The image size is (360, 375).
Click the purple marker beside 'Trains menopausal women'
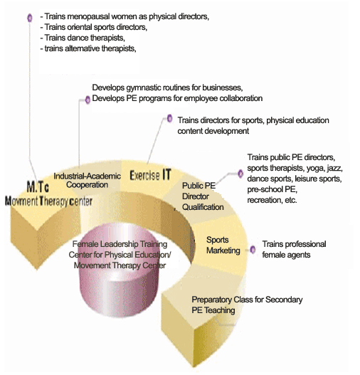coord(30,18)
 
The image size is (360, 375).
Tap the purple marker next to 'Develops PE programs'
coord(88,100)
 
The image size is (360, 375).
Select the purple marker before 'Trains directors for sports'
coord(169,118)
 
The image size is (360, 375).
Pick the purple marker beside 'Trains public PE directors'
coord(240,174)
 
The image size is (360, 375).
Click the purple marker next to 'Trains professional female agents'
coord(253,250)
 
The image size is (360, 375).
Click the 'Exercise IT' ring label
coord(150,174)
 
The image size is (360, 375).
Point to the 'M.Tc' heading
coord(38,186)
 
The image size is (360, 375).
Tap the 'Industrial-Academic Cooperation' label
coord(87,180)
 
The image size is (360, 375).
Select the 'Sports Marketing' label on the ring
coord(223,245)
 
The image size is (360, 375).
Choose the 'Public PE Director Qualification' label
coord(203,196)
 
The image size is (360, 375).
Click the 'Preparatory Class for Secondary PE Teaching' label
coord(247,305)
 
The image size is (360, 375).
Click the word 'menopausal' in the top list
coord(89,16)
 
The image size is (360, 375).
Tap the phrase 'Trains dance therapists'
coord(85,38)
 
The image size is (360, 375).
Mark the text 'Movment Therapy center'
coord(48,201)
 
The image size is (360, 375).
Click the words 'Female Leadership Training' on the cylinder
coord(120,244)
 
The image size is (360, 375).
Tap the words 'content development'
coord(213,131)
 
